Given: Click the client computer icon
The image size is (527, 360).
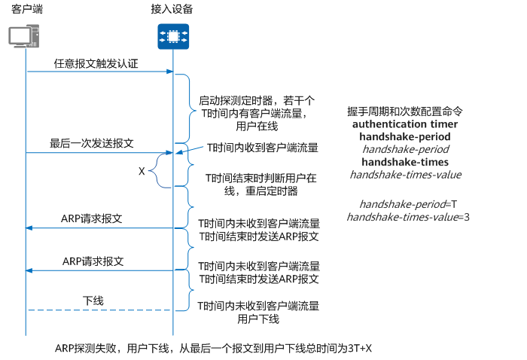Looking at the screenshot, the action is pyautogui.click(x=24, y=36).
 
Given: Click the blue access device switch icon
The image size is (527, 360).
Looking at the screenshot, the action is pyautogui.click(x=173, y=36).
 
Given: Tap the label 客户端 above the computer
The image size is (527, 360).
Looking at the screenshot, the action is pyautogui.click(x=27, y=9).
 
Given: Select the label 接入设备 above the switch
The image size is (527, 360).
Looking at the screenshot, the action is pyautogui.click(x=172, y=9).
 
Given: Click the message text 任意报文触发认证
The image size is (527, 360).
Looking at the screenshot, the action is pyautogui.click(x=96, y=63).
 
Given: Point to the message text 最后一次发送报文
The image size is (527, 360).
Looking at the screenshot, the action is pyautogui.click(x=92, y=144).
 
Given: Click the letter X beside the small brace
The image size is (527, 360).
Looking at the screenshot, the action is pyautogui.click(x=142, y=171).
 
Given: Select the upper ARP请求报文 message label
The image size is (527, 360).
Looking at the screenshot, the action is pyautogui.click(x=91, y=218).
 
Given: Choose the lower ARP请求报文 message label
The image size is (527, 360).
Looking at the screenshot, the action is pyautogui.click(x=93, y=261).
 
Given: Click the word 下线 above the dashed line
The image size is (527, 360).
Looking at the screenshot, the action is pyautogui.click(x=93, y=301).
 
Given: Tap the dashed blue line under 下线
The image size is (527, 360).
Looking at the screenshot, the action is pyautogui.click(x=99, y=310).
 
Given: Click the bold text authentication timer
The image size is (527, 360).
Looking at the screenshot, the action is pyautogui.click(x=405, y=124).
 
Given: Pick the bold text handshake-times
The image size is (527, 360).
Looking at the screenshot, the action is pyautogui.click(x=405, y=162).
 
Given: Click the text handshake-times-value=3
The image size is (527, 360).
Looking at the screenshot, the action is pyautogui.click(x=408, y=217).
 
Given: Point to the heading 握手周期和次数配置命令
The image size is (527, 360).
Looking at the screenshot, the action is pyautogui.click(x=405, y=111).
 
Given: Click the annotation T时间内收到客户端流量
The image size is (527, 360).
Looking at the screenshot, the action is pyautogui.click(x=263, y=148).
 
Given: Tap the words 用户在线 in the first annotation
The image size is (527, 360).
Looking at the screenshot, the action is pyautogui.click(x=257, y=127).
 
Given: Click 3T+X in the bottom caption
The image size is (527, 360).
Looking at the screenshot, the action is pyautogui.click(x=360, y=348).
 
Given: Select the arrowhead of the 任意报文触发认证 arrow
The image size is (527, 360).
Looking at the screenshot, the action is pyautogui.click(x=169, y=72).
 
